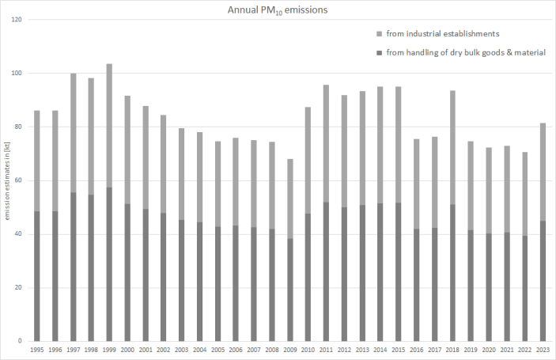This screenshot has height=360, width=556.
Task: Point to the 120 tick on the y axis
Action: tap(17, 19)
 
